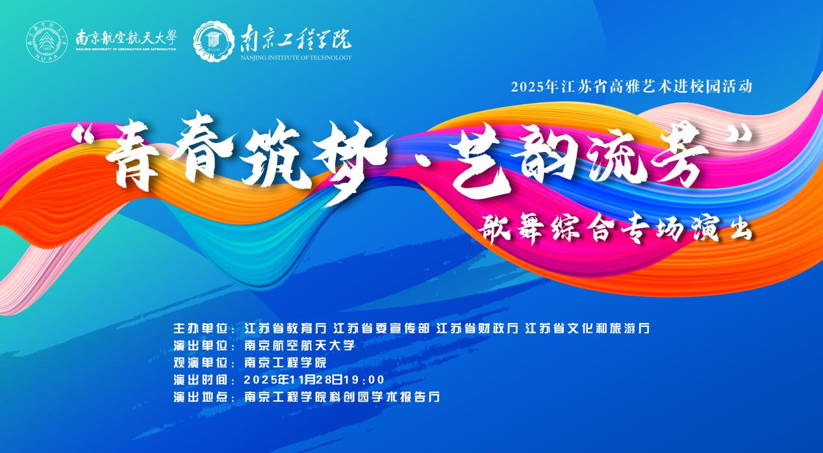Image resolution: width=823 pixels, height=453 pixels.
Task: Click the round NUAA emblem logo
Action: point(47,41)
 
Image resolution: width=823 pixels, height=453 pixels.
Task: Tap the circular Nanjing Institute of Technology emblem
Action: point(214,41)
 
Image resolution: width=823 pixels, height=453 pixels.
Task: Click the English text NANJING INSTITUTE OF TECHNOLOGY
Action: point(296,57)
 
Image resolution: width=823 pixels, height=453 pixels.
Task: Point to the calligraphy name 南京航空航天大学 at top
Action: point(126,38)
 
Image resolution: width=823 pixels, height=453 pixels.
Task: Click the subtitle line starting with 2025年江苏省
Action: point(631,87)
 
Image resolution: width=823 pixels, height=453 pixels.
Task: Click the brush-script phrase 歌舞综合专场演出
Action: point(616,228)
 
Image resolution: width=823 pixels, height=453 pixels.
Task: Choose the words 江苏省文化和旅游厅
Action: point(587,328)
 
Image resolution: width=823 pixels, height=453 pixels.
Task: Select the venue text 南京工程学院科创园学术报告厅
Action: point(342,397)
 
